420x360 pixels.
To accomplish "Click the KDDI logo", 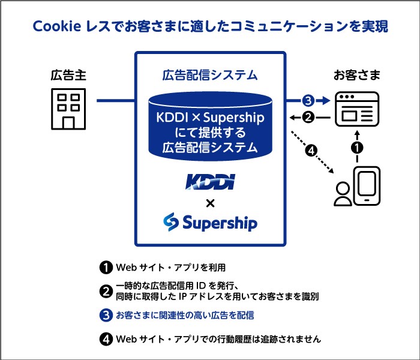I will (x=210, y=182).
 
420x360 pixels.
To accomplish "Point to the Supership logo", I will (x=210, y=223).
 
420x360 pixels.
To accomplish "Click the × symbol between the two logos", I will (x=210, y=202).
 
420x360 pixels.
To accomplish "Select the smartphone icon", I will (x=367, y=187).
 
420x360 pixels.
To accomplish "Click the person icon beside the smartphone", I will (x=343, y=193).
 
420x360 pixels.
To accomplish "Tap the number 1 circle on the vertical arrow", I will (x=357, y=146).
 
